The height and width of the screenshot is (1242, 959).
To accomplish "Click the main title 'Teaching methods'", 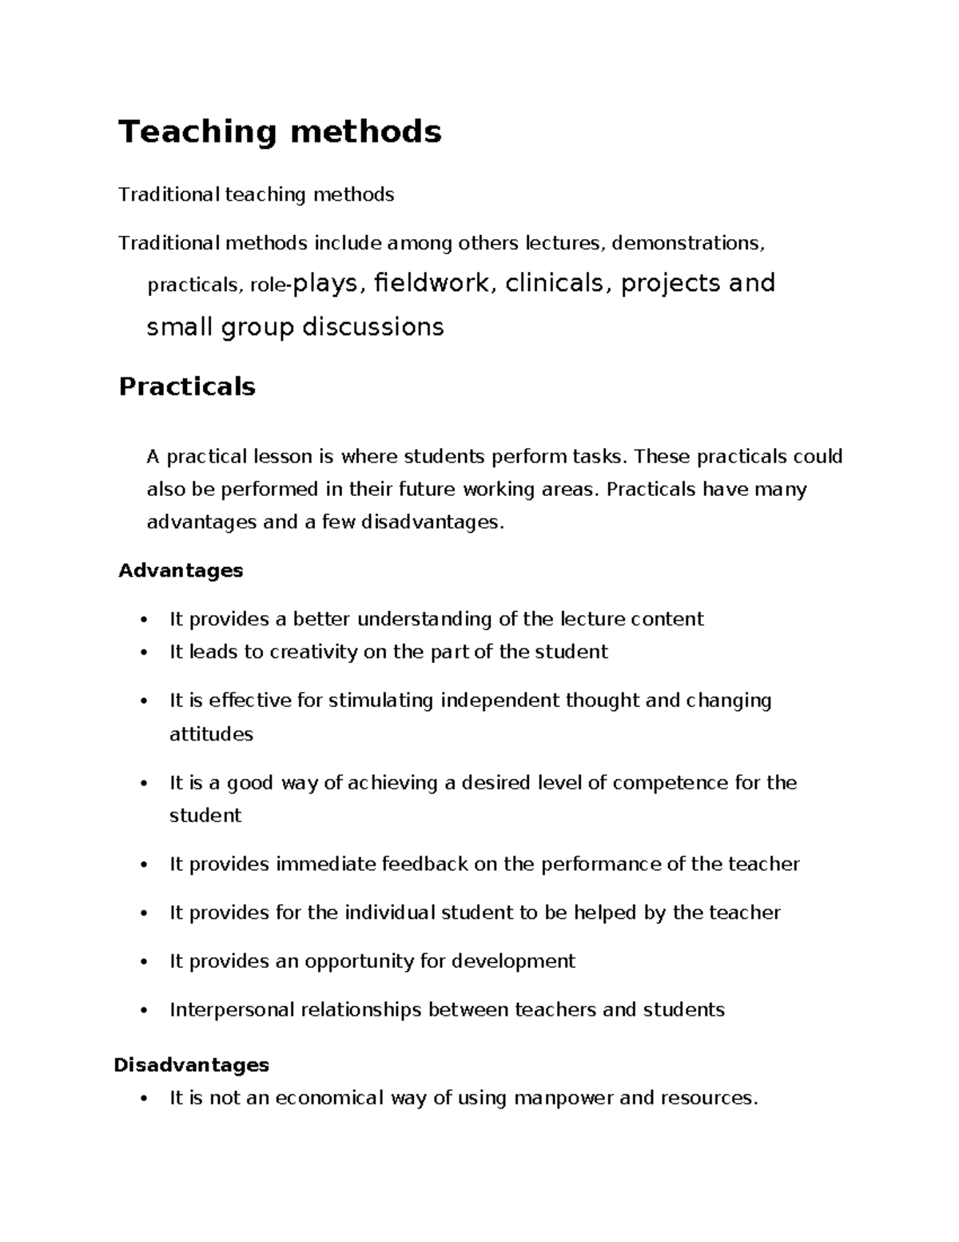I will point(280,132).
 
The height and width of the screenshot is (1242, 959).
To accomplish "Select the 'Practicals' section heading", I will point(187,387).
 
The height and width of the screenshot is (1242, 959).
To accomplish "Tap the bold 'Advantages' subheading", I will point(181,571).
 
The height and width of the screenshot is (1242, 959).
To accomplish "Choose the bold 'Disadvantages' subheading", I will point(192,1065).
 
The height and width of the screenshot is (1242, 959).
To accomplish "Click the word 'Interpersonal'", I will point(233,1010).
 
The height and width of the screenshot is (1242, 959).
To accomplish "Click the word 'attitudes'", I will point(211,735).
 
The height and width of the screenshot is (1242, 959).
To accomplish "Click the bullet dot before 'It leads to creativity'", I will point(144,653).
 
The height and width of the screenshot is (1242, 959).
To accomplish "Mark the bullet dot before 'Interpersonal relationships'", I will point(144,1011).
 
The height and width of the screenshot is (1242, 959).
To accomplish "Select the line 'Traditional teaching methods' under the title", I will point(256,195).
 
